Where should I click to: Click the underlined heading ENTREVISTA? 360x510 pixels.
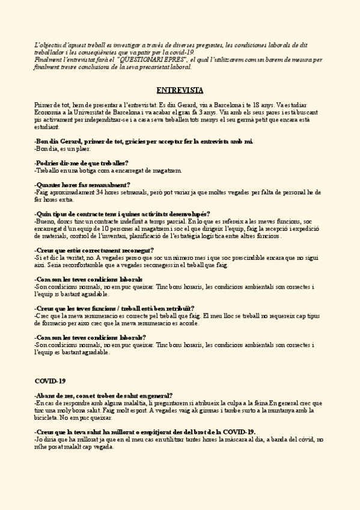tap(179, 91)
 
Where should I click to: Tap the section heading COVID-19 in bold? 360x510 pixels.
tap(50, 381)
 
